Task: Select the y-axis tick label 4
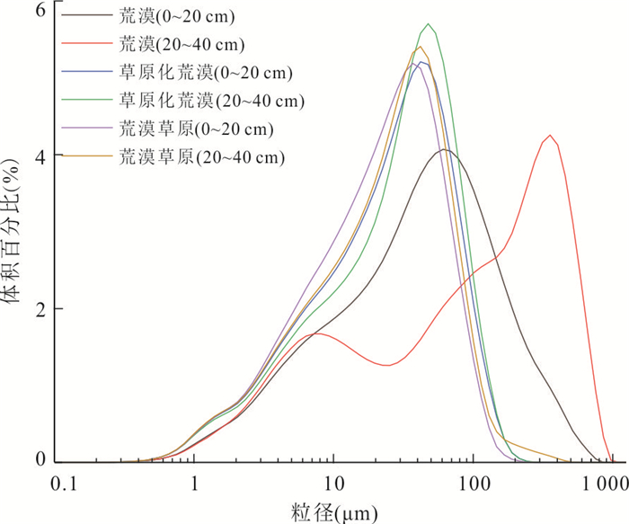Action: click(40, 155)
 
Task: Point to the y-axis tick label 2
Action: click(40, 308)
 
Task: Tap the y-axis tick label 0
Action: click(40, 461)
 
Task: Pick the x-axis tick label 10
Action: click(333, 484)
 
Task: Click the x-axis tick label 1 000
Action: click(608, 484)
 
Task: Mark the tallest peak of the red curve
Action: click(550, 136)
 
